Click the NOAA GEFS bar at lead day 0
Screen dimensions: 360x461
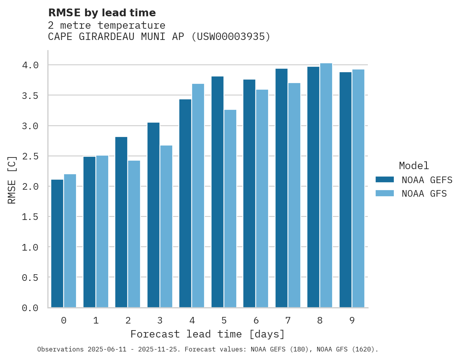click(x=57, y=243)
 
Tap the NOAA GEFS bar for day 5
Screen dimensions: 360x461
click(x=217, y=192)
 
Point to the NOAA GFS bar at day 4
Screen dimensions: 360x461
click(x=198, y=196)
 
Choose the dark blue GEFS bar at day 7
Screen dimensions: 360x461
click(x=281, y=188)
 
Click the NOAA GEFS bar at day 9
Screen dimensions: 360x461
click(x=345, y=190)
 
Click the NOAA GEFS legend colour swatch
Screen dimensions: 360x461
click(x=385, y=180)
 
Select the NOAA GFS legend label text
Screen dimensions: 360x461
click(x=424, y=194)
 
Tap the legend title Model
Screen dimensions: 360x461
click(x=414, y=166)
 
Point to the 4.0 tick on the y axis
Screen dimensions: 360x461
click(x=30, y=65)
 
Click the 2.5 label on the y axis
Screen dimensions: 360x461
click(x=30, y=156)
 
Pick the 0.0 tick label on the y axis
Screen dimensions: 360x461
click(x=30, y=308)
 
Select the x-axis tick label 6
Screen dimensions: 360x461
click(x=256, y=320)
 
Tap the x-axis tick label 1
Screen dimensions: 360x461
click(x=95, y=320)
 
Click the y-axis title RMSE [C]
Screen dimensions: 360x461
click(x=12, y=180)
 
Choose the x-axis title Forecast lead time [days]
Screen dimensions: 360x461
click(x=208, y=334)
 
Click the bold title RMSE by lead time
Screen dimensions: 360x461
click(x=102, y=13)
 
